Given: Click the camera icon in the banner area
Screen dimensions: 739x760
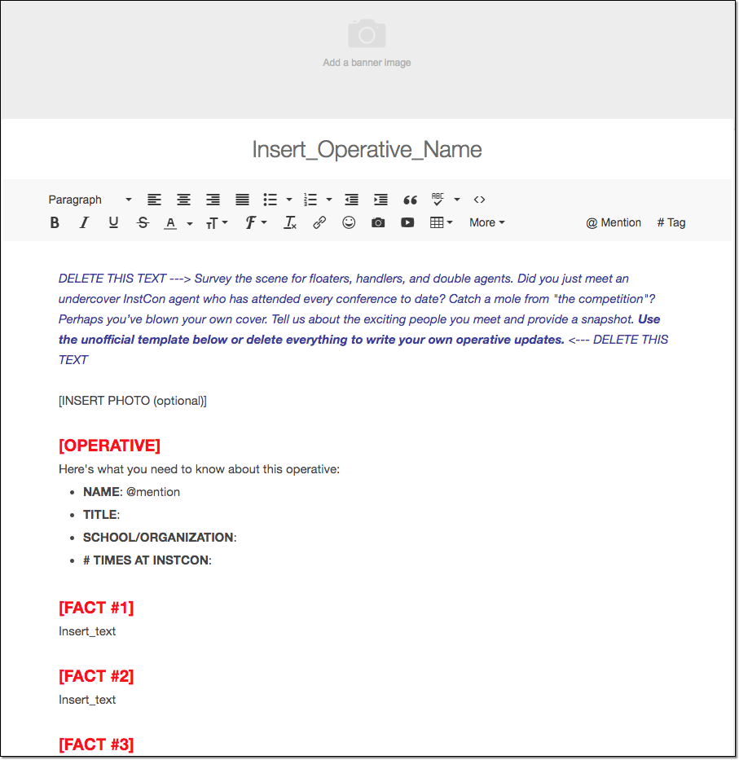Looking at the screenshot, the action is pos(367,34).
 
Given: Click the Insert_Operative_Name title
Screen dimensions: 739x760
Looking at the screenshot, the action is pos(367,150).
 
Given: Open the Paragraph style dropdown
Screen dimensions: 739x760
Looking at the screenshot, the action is pos(90,200).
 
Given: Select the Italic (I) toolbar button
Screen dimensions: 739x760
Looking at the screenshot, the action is pos(83,222).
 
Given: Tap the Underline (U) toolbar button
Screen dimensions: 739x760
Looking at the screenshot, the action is pos(113,222).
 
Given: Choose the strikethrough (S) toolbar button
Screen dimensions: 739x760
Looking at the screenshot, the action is pos(143,222).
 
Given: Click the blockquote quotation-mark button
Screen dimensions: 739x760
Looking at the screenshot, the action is pos(410,200).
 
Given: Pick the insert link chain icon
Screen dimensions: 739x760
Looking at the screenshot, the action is pos(319,222).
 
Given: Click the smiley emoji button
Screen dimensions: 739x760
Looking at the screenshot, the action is pos(349,222).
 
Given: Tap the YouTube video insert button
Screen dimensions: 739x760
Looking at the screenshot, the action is pos(407,222).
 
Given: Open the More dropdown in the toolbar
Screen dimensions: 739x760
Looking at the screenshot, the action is pos(486,222).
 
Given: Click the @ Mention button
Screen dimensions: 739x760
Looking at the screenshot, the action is pos(614,222).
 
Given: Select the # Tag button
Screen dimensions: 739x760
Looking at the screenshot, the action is pos(671,222).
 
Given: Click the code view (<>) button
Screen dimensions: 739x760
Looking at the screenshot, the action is pos(479,200).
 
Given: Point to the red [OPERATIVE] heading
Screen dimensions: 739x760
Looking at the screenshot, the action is pos(109,446).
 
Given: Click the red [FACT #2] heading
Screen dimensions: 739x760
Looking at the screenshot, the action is pos(96,676).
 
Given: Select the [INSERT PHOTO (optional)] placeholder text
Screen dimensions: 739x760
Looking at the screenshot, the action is pos(133,401).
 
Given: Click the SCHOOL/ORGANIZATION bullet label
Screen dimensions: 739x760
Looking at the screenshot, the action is pos(158,538).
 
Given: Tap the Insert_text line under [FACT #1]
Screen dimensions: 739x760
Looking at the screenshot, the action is pos(87,631).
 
